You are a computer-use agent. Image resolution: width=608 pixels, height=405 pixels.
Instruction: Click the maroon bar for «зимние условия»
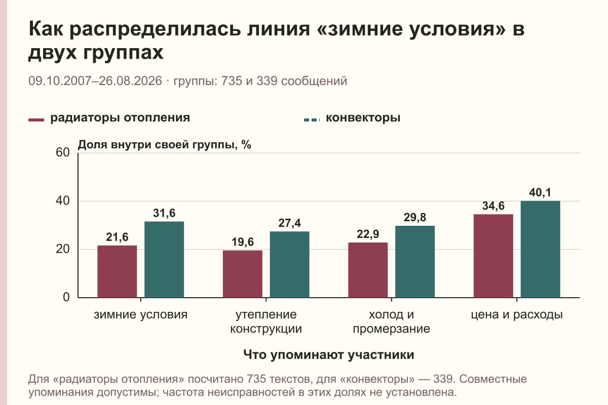[x=117, y=271]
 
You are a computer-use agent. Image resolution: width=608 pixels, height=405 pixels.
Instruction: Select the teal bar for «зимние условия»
[x=164, y=260]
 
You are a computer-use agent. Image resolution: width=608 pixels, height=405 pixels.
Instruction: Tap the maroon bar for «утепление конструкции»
[x=243, y=274]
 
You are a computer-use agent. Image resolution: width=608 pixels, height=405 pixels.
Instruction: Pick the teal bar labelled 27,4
[x=290, y=264]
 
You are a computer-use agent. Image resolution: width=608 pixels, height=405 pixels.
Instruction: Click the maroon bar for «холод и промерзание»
[x=368, y=270]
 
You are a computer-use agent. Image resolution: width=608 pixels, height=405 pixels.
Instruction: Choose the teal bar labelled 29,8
[x=415, y=262]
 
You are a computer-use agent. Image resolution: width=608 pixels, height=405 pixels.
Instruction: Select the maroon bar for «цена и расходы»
[x=493, y=256]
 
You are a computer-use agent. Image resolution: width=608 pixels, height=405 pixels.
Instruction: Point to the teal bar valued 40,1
[x=541, y=249]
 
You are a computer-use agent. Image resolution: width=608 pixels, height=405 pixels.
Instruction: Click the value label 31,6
[x=164, y=213]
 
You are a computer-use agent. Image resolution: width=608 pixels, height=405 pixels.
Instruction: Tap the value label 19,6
[x=243, y=242]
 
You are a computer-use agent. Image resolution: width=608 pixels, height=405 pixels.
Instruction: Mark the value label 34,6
[x=493, y=206]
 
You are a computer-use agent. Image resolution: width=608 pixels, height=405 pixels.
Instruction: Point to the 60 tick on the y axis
[x=63, y=152]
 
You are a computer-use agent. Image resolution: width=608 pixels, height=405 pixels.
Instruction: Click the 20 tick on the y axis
[x=63, y=249]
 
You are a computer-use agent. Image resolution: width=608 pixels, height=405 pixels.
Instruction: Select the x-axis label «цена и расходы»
[x=517, y=315]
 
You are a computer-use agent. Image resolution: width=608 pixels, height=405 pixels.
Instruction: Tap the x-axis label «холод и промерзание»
[x=391, y=321]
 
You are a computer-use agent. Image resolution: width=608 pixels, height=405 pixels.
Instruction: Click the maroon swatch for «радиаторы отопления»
[x=36, y=120]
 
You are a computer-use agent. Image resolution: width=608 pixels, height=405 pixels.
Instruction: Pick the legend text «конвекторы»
[x=363, y=118]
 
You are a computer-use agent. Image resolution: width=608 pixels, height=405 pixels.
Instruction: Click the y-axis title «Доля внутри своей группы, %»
[x=165, y=145]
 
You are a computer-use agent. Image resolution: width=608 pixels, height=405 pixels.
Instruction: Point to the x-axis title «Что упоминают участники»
[x=329, y=355]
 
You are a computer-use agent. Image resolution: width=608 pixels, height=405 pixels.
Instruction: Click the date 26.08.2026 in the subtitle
[x=130, y=81]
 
